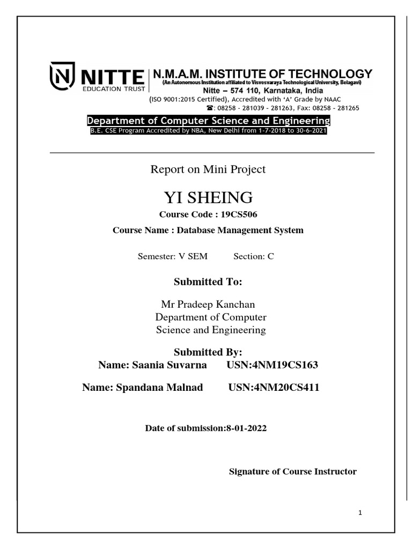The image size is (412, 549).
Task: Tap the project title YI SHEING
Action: [x=208, y=198]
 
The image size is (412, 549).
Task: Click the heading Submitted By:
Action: [x=208, y=352]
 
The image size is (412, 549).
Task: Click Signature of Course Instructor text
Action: [x=292, y=472]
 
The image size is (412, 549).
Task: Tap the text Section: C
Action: [x=254, y=256]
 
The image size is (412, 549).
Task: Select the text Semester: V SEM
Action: [x=172, y=256]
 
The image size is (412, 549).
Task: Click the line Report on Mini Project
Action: [x=208, y=169]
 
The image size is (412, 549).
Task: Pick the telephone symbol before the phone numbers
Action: [x=210, y=107]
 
